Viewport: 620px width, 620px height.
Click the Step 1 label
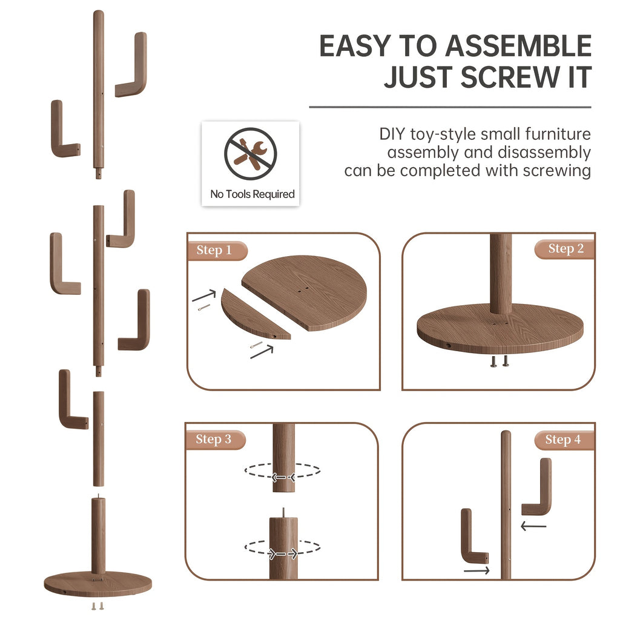coord(214,251)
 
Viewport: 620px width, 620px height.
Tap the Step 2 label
coord(566,249)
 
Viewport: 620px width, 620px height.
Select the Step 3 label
coord(214,440)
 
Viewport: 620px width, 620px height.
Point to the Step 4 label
coord(562,440)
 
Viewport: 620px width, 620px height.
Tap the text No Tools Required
coord(252,194)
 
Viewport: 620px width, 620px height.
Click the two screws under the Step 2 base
coord(500,361)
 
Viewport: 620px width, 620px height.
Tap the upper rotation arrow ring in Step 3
coord(283,471)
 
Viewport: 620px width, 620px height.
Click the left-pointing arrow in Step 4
coord(533,527)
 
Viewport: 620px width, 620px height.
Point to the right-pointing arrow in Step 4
coord(477,570)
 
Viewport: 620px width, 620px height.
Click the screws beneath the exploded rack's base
coord(97,605)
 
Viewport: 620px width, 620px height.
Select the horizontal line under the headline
coord(450,107)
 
